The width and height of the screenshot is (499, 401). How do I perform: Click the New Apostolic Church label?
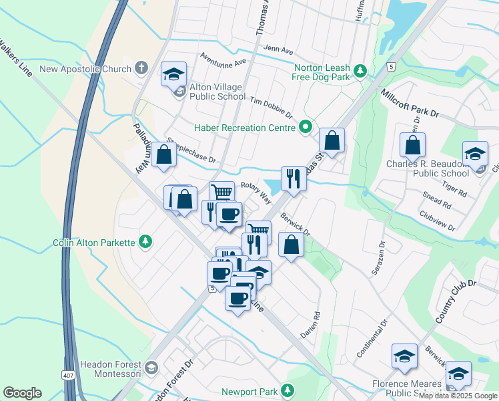coord(85,68)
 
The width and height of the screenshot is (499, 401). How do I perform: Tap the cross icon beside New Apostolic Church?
coord(141,68)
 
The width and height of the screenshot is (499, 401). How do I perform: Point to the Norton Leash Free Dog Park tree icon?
coord(360,70)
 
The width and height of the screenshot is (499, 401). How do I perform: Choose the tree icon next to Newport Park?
coord(288,389)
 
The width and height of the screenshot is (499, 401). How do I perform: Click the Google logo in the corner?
coord(22,393)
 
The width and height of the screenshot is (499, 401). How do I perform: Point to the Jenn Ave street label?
coord(278,50)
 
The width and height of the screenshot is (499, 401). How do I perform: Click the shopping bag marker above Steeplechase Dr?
coord(163,154)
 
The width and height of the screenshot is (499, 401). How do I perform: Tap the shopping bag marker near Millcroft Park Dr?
coord(413,145)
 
